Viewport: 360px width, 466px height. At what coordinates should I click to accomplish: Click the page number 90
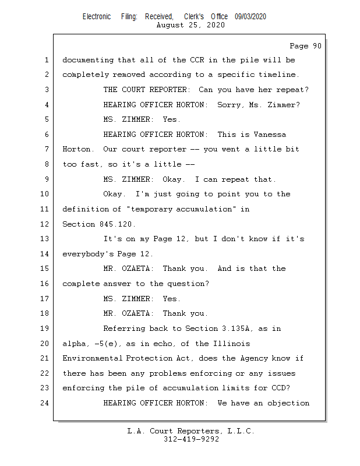click(316, 46)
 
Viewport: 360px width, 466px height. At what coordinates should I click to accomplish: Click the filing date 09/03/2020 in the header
click(250, 17)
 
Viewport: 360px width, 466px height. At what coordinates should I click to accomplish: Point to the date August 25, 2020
click(191, 25)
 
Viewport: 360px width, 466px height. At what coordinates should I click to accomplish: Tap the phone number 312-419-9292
click(191, 439)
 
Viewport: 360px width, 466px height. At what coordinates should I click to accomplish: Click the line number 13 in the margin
click(45, 239)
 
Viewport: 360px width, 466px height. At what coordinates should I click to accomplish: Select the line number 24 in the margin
click(45, 403)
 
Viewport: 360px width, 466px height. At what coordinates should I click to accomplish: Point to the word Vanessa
click(270, 135)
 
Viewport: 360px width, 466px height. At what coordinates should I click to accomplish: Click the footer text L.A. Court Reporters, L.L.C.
click(191, 431)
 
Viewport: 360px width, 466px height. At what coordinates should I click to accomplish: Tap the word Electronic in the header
click(97, 17)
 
